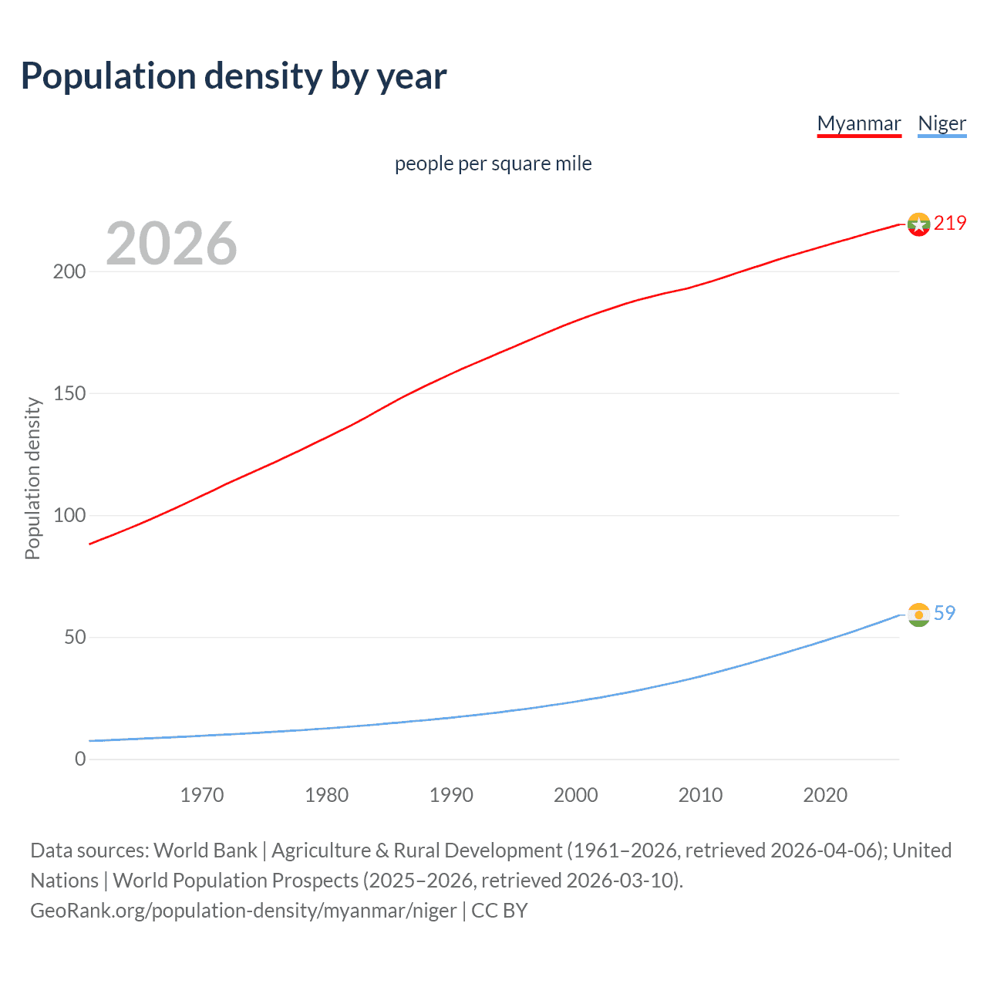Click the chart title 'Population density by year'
[234, 76]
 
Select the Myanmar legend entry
[859, 123]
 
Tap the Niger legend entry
[942, 123]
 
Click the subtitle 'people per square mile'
[493, 163]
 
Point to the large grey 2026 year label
[171, 244]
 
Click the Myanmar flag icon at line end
[918, 224]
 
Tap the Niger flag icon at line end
[918, 615]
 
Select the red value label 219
[950, 224]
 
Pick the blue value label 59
[945, 613]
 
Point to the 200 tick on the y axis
[69, 272]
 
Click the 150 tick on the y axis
[69, 394]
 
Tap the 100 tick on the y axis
[69, 516]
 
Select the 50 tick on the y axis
[74, 638]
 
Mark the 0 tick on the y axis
[80, 760]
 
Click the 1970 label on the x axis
[202, 795]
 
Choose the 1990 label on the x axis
[451, 795]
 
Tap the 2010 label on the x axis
[700, 795]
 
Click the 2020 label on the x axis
[825, 795]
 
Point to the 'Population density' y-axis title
[32, 478]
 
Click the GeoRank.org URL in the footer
[244, 911]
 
